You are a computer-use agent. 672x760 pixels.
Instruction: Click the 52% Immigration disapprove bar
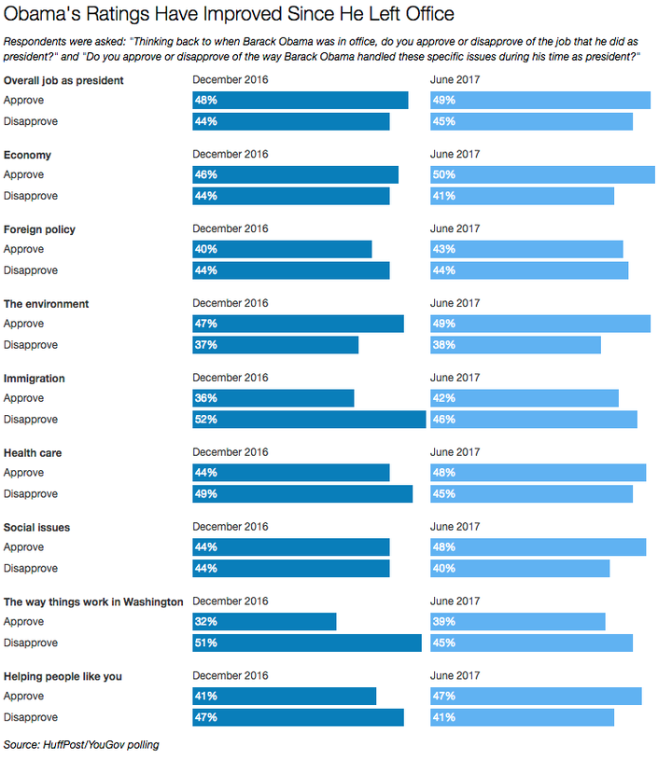(309, 420)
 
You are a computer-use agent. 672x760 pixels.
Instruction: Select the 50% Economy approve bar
(542, 174)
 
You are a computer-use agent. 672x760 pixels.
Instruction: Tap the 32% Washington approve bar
(264, 621)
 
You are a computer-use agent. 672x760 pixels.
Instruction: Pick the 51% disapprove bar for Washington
(307, 643)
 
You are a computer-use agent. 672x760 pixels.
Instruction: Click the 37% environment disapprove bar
(275, 345)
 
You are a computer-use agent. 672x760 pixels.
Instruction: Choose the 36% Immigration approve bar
(273, 398)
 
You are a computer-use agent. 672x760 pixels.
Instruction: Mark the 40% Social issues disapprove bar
(520, 568)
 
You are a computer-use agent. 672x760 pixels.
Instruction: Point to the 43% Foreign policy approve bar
(526, 249)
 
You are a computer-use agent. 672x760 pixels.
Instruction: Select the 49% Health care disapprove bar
(302, 494)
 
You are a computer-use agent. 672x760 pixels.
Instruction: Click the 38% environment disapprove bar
(515, 345)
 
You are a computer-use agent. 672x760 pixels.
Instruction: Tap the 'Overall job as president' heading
(63, 80)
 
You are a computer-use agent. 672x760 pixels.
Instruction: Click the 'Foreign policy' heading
(39, 229)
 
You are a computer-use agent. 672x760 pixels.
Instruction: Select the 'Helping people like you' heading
(63, 676)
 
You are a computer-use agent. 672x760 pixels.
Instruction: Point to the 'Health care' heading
(33, 452)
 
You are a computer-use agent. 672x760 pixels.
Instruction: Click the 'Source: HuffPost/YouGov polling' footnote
(81, 744)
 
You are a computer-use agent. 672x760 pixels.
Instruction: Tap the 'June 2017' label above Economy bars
(455, 154)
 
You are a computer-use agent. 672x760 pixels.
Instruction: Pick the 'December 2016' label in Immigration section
(230, 378)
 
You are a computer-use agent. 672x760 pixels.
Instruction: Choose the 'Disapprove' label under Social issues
(31, 568)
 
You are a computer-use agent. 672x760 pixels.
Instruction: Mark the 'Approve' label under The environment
(23, 324)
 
